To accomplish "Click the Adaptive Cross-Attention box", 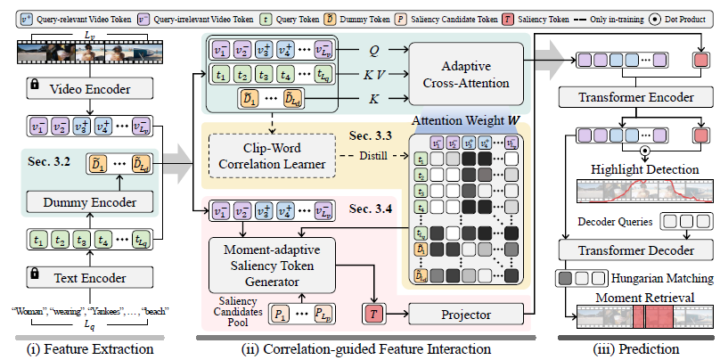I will [x=465, y=76].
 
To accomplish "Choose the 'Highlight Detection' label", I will [x=634, y=169].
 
